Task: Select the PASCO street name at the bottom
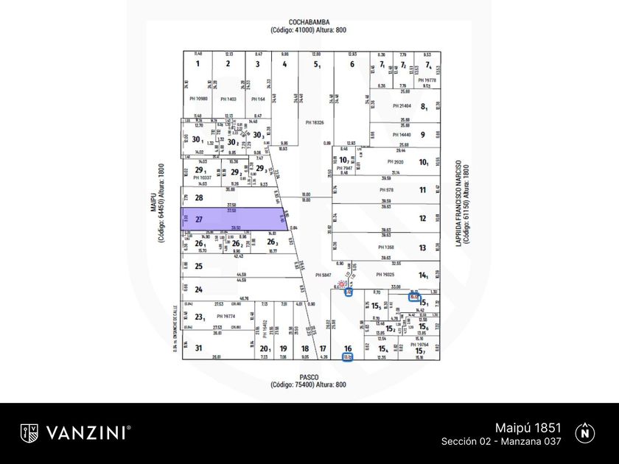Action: [308, 376]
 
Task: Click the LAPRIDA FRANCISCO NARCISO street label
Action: [458, 203]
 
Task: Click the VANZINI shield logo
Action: [29, 433]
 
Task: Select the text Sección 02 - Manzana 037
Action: [501, 441]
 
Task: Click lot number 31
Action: [198, 348]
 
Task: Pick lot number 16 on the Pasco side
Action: [349, 348]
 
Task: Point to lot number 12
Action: [423, 219]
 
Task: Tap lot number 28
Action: [198, 197]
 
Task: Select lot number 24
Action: [198, 289]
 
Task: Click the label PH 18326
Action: [315, 122]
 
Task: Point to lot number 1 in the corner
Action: [197, 64]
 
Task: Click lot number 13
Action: [423, 247]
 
